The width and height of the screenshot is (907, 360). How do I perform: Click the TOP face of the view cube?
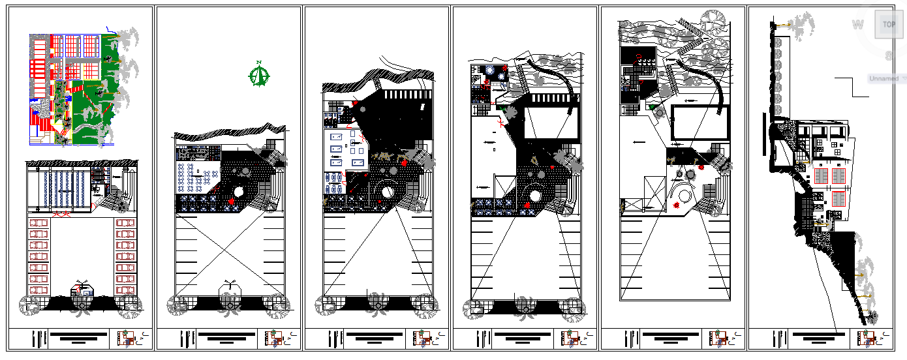[889, 25]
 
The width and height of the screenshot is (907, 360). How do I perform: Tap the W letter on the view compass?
[857, 25]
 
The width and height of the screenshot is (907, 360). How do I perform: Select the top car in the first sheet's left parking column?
[38, 224]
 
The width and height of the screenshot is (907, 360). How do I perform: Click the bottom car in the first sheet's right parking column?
[125, 290]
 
